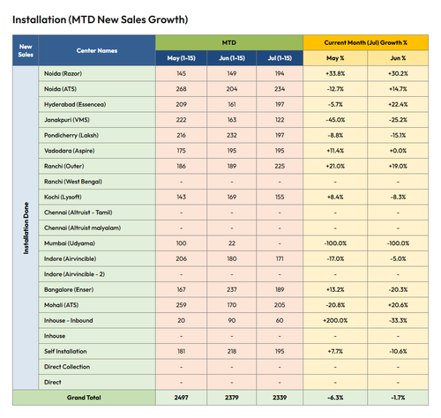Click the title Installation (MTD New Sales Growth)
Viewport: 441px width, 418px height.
click(x=100, y=19)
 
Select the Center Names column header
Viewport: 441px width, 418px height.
click(x=97, y=50)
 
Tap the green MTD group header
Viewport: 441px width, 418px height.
click(x=229, y=42)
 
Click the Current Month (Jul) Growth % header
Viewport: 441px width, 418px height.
click(x=365, y=42)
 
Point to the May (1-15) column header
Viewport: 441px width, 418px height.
click(x=181, y=58)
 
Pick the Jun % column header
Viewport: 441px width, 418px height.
click(x=398, y=58)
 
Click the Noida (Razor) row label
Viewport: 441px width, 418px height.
click(x=63, y=73)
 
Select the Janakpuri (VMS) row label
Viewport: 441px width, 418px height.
click(x=67, y=120)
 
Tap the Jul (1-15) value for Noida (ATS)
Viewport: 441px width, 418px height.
click(x=280, y=89)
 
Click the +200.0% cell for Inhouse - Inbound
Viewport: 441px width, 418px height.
click(x=335, y=320)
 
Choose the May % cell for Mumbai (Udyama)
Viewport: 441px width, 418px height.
click(x=335, y=243)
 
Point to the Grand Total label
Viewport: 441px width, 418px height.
click(x=84, y=398)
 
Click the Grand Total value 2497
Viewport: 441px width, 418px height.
click(x=181, y=398)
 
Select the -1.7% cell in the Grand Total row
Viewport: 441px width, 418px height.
click(x=398, y=398)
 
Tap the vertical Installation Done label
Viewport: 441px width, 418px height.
click(x=26, y=228)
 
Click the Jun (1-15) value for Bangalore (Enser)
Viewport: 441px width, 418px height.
click(x=232, y=289)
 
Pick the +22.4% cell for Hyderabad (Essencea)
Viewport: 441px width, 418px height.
click(x=398, y=104)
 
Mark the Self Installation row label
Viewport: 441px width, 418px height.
click(x=65, y=351)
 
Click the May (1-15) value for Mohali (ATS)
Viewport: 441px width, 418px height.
click(x=181, y=305)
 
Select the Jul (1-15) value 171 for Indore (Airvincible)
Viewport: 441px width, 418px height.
click(x=280, y=258)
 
